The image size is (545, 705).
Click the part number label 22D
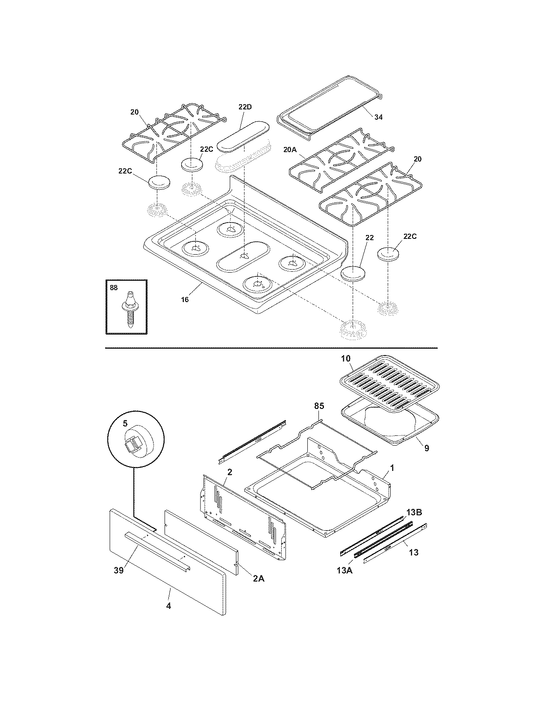[245, 107]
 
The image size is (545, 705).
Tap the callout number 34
[378, 117]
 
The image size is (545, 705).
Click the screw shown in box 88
[129, 308]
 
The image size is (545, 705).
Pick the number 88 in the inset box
[113, 288]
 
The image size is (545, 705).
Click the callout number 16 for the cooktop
[184, 300]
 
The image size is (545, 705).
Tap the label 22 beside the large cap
[369, 237]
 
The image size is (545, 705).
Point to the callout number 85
[319, 406]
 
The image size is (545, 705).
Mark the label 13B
[414, 512]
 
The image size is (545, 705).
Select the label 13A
[345, 570]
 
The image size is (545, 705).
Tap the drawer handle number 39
[118, 570]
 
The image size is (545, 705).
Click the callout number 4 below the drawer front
[168, 606]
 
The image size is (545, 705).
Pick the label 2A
[258, 579]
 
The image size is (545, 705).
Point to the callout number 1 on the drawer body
[392, 468]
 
